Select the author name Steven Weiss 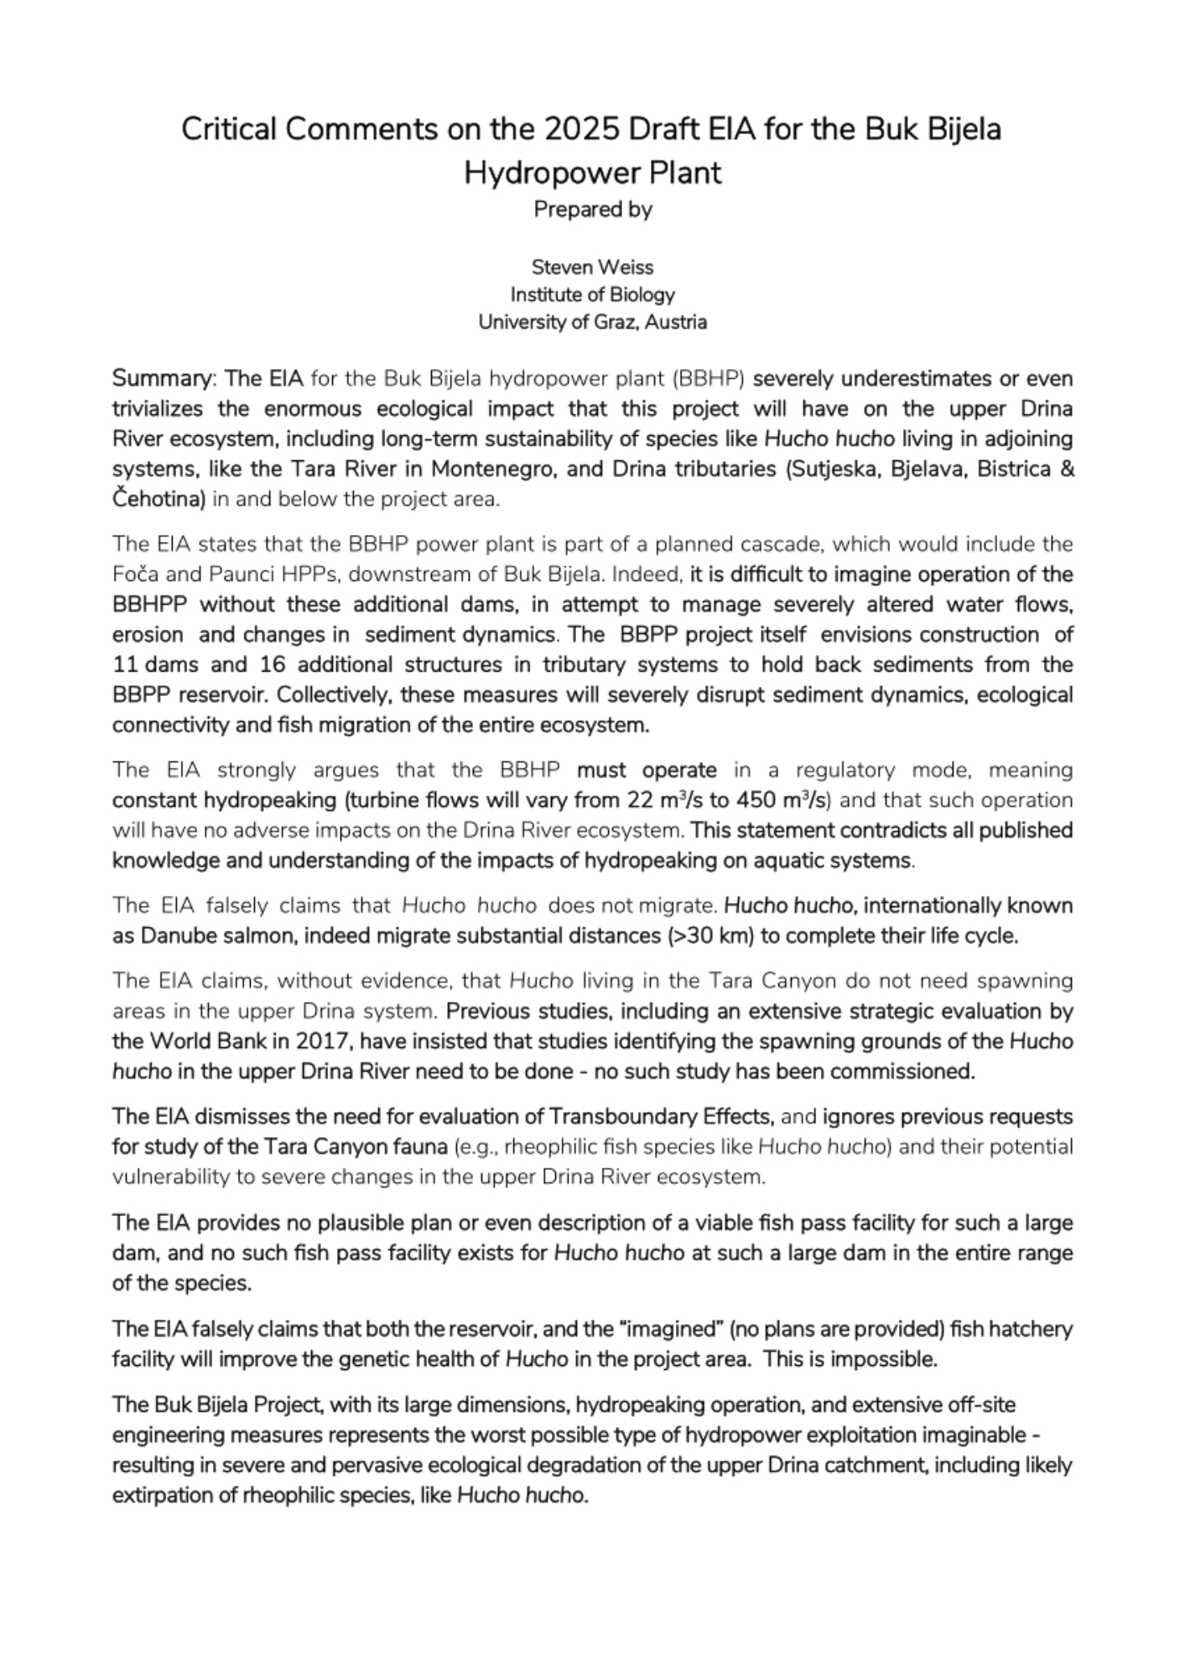(592, 267)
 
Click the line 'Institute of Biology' (592, 295)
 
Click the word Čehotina (159, 500)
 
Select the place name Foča (133, 575)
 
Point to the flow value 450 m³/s (782, 801)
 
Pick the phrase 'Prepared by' (592, 210)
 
